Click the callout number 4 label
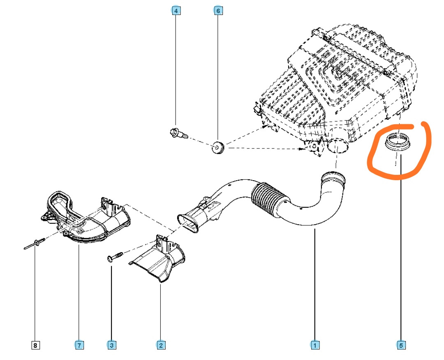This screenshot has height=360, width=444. click(176, 11)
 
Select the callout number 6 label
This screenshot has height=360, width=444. click(218, 11)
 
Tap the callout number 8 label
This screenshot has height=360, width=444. click(35, 345)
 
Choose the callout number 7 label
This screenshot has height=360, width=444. click(79, 345)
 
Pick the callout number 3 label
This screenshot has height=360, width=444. click(111, 345)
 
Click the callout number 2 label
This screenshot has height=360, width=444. click(161, 345)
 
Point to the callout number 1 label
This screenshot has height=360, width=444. click(314, 345)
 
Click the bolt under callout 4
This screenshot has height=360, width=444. click(178, 133)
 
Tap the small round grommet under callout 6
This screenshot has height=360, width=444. click(217, 147)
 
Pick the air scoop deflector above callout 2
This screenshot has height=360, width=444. click(160, 261)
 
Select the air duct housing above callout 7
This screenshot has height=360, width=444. click(86, 218)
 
